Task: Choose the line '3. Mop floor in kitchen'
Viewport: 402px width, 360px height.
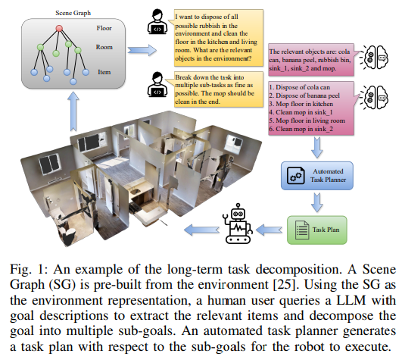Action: point(301,107)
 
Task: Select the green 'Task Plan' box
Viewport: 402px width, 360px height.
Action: point(313,228)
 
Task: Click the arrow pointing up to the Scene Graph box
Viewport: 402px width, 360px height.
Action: point(73,113)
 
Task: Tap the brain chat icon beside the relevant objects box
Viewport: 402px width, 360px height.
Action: point(372,57)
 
